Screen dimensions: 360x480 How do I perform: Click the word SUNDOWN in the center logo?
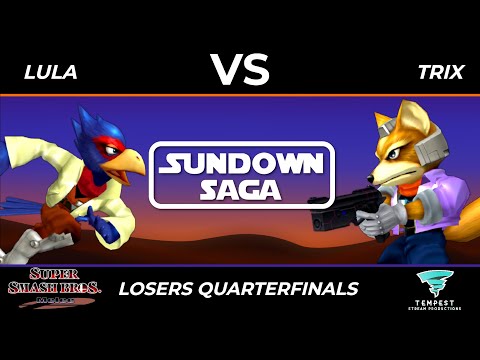click(239, 163)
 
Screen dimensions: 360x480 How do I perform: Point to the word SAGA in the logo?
click(240, 191)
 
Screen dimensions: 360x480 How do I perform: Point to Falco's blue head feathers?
click(90, 124)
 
